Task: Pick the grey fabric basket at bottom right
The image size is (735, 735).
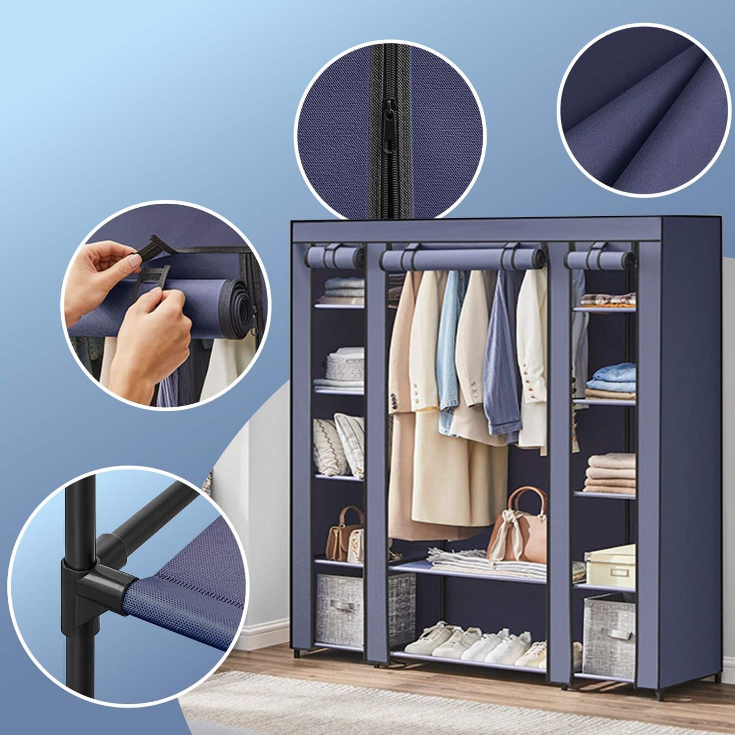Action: coord(610,632)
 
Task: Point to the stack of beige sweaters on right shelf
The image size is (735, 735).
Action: coord(611,472)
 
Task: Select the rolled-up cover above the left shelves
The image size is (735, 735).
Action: coord(334,255)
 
